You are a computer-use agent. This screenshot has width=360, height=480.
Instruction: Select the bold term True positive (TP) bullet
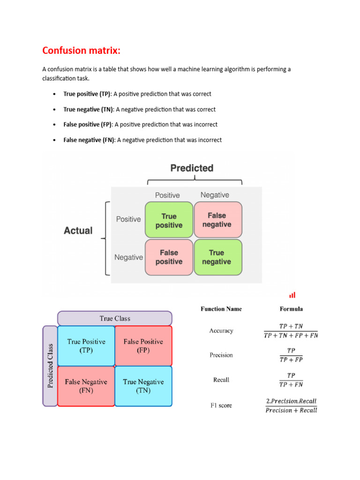pos(87,94)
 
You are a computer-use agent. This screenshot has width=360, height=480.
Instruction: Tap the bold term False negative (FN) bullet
pos(89,140)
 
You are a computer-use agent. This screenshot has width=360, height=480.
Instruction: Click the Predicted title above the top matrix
pos(192,168)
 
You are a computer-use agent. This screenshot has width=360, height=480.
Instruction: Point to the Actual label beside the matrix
pos(78,231)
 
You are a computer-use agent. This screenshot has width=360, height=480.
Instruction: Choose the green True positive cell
pos(169,220)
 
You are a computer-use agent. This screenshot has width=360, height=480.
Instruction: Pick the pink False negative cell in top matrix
pos(217,220)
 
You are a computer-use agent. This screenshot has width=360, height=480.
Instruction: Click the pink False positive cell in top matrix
pos(169,257)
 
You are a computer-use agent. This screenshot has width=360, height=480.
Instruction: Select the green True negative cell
pos(217,257)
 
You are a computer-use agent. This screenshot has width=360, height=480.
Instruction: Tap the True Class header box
pos(115,318)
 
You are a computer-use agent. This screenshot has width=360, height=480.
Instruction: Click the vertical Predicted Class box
pos(50,366)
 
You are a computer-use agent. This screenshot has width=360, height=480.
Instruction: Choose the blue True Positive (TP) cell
pos(86,346)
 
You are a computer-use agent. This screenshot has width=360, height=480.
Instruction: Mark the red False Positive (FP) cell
pos(143,346)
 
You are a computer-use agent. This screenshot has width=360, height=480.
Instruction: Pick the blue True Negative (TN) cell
pos(143,386)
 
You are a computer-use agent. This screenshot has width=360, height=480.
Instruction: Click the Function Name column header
pos(221,309)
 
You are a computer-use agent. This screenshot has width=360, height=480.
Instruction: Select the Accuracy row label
pos(221,331)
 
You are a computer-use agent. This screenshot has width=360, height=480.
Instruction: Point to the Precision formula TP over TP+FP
pos(291,355)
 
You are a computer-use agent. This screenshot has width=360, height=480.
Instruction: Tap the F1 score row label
pos(221,405)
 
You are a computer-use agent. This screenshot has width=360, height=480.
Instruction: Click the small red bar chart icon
pos(292,295)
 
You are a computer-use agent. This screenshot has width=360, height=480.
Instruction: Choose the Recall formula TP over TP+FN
pos(291,380)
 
